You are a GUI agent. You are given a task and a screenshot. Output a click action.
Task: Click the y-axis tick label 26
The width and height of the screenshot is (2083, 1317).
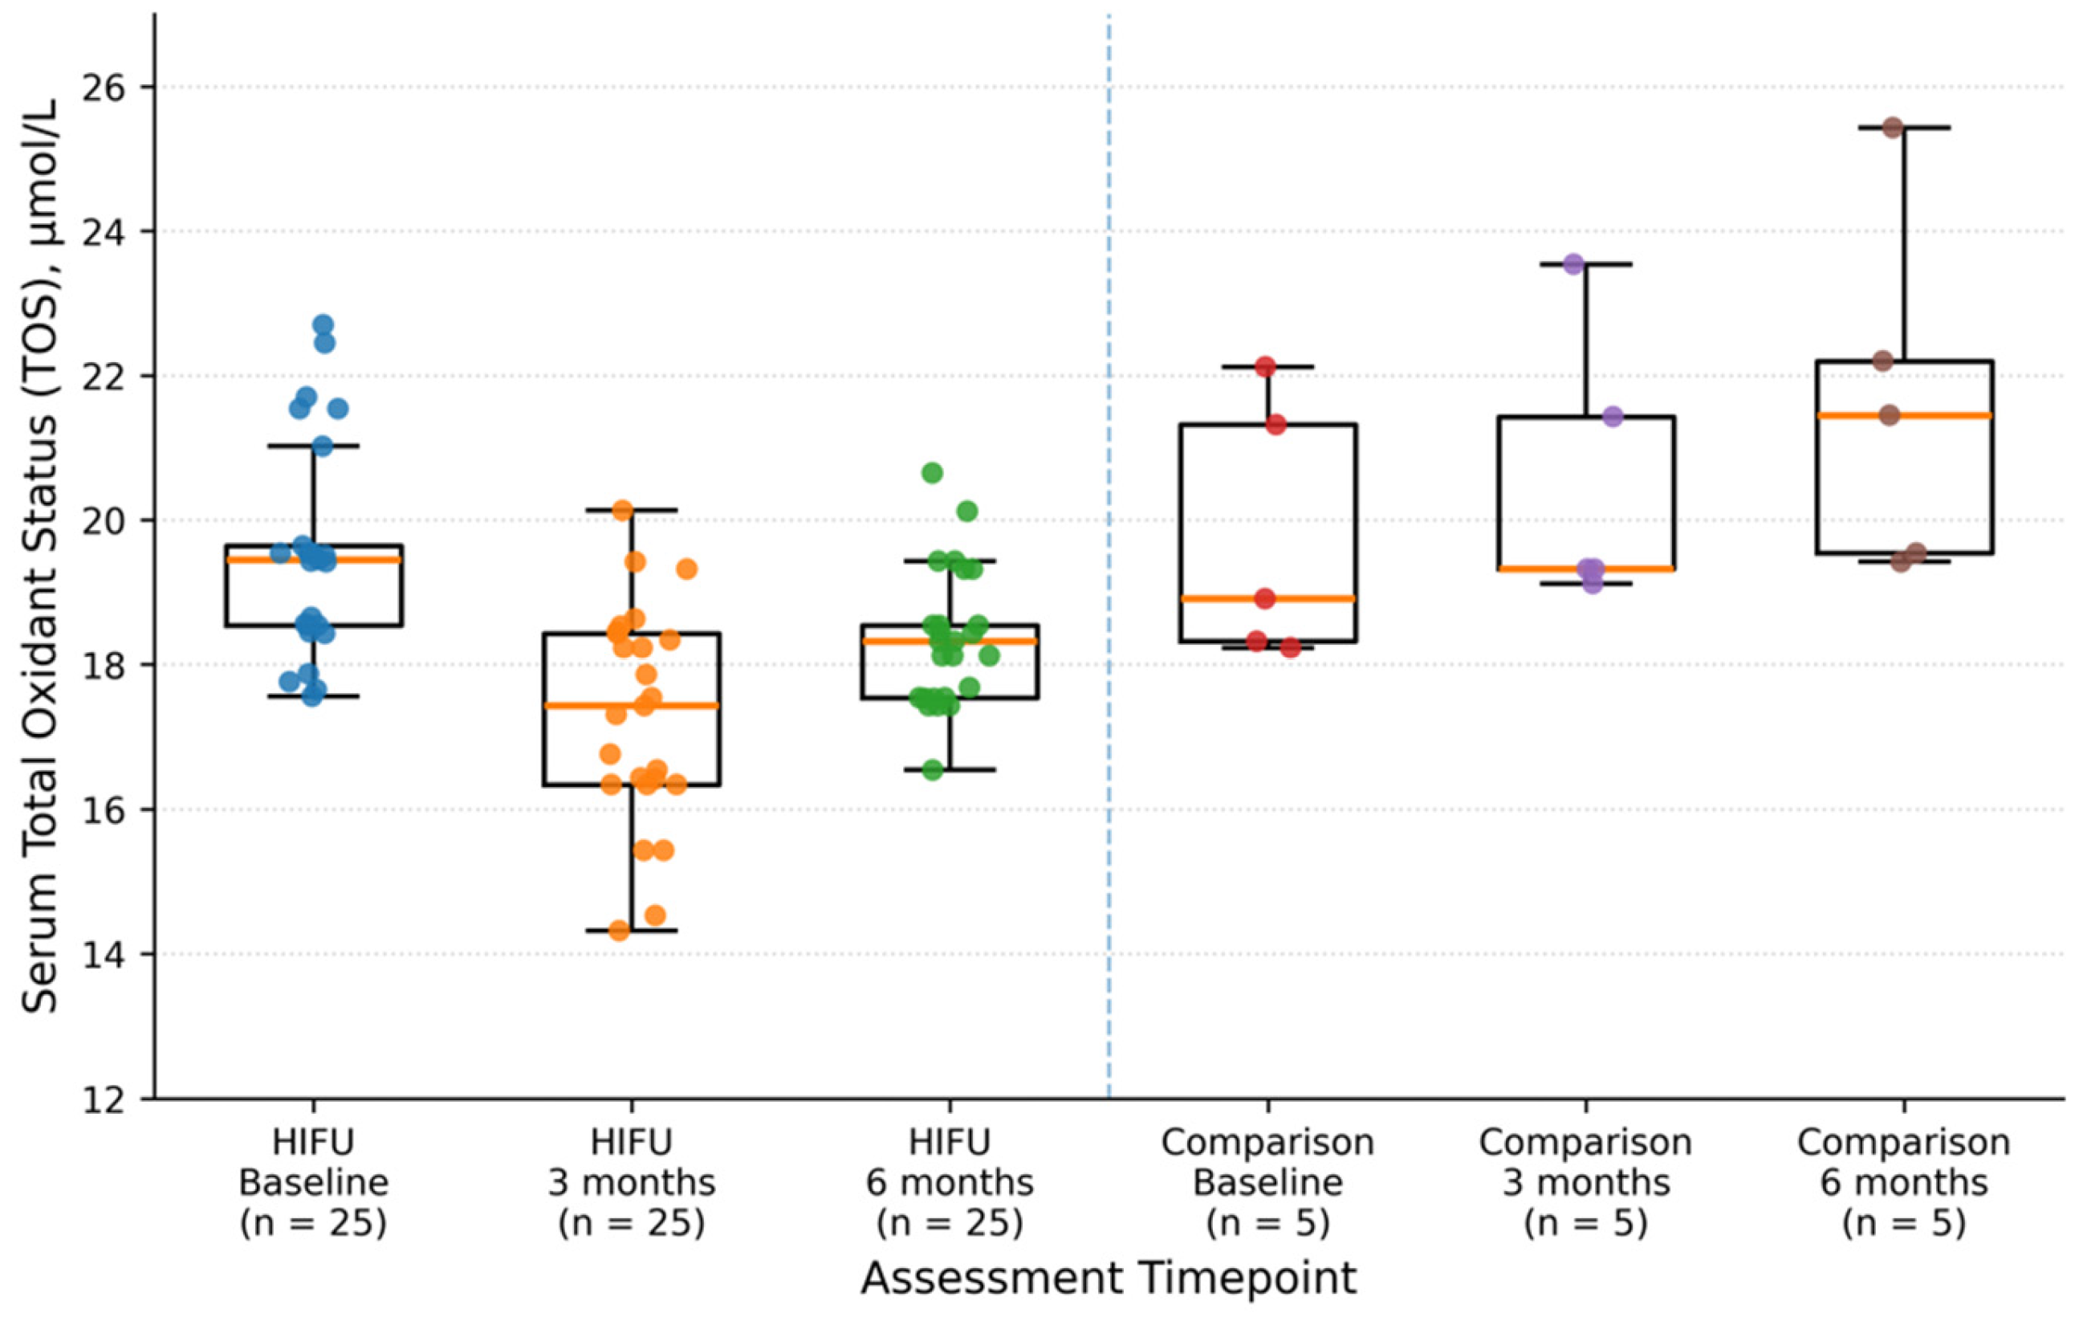click(x=104, y=88)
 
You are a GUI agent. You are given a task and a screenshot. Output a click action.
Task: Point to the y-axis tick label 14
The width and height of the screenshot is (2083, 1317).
click(x=104, y=955)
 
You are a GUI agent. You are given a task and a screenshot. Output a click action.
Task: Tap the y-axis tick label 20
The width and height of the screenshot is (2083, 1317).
click(x=104, y=521)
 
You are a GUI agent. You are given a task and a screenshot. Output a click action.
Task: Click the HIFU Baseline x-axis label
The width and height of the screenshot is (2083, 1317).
click(x=313, y=1182)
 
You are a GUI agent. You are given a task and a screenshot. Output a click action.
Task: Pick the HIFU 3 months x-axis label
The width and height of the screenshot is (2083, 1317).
click(x=632, y=1182)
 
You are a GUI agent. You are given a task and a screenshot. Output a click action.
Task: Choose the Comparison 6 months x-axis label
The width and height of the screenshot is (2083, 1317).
click(x=1904, y=1182)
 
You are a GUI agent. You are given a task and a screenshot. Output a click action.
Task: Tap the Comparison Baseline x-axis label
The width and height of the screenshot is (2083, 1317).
click(x=1267, y=1182)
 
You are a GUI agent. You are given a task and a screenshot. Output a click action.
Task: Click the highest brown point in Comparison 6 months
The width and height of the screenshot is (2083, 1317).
click(x=1893, y=128)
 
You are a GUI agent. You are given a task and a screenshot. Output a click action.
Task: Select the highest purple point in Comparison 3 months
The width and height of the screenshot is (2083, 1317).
click(x=1573, y=264)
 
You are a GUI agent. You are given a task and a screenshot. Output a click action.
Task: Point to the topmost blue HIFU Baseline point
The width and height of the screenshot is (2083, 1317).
click(x=323, y=325)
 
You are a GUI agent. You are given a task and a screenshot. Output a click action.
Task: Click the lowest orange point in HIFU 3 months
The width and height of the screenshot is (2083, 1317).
click(x=620, y=931)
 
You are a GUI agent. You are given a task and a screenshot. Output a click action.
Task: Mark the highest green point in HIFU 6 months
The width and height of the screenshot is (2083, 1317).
click(x=932, y=472)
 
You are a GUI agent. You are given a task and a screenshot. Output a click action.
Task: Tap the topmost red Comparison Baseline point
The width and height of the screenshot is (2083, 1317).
click(x=1266, y=367)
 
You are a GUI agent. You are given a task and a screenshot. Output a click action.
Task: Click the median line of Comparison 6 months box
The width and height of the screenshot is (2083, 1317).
click(x=1904, y=415)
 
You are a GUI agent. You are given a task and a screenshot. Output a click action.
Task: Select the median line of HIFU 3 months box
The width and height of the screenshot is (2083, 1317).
click(x=632, y=705)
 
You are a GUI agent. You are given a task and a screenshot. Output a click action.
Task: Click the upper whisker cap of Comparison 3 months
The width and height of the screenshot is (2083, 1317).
click(x=1586, y=264)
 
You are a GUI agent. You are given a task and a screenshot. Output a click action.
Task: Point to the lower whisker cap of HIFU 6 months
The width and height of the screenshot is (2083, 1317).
click(x=950, y=769)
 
